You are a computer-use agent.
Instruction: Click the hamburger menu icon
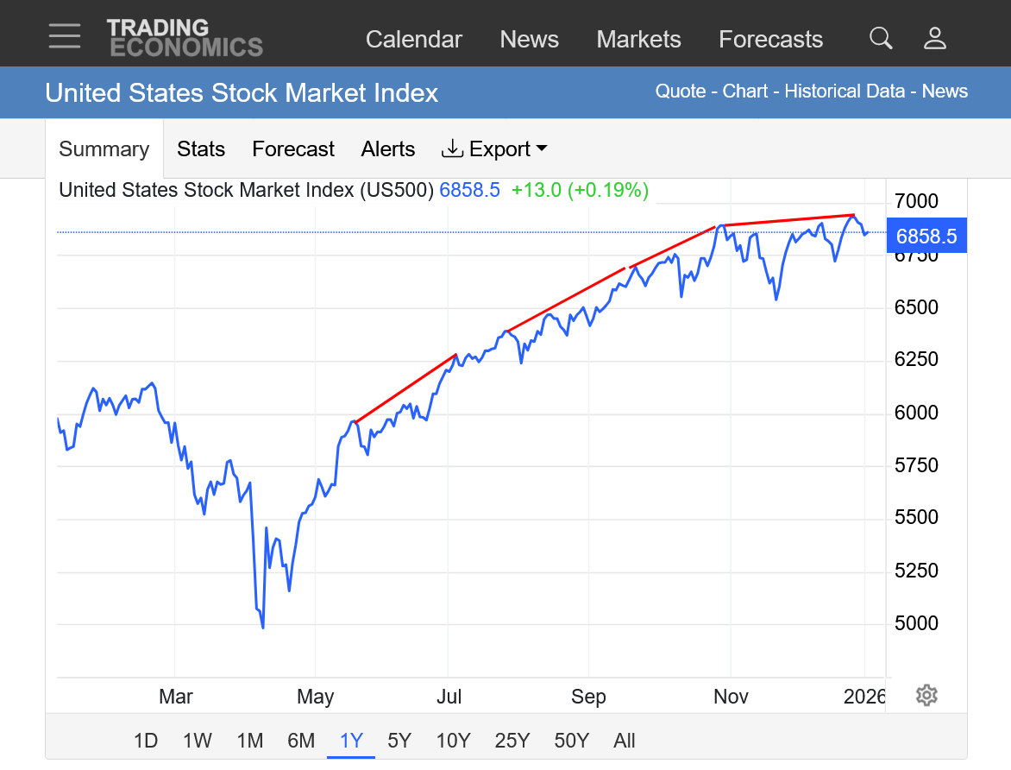(x=65, y=36)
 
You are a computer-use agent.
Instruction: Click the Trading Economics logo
(x=185, y=38)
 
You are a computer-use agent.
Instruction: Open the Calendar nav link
(x=414, y=40)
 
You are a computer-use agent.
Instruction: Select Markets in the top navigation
(x=638, y=40)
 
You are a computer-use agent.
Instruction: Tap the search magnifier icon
(x=881, y=38)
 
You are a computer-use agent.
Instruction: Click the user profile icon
(x=935, y=38)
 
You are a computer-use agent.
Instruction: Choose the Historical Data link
(x=845, y=92)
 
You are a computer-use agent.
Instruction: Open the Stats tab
(x=201, y=149)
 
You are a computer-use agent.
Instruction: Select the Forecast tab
(x=293, y=149)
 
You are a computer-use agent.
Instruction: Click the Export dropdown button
(x=494, y=149)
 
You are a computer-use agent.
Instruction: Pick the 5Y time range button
(x=399, y=741)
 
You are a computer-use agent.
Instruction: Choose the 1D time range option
(x=146, y=741)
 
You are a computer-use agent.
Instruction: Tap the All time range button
(x=625, y=741)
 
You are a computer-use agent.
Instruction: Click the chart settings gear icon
(x=926, y=695)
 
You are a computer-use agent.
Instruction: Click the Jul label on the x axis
(x=449, y=697)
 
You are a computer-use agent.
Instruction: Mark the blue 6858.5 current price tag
(x=926, y=237)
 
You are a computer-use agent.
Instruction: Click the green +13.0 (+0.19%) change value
(x=580, y=190)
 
